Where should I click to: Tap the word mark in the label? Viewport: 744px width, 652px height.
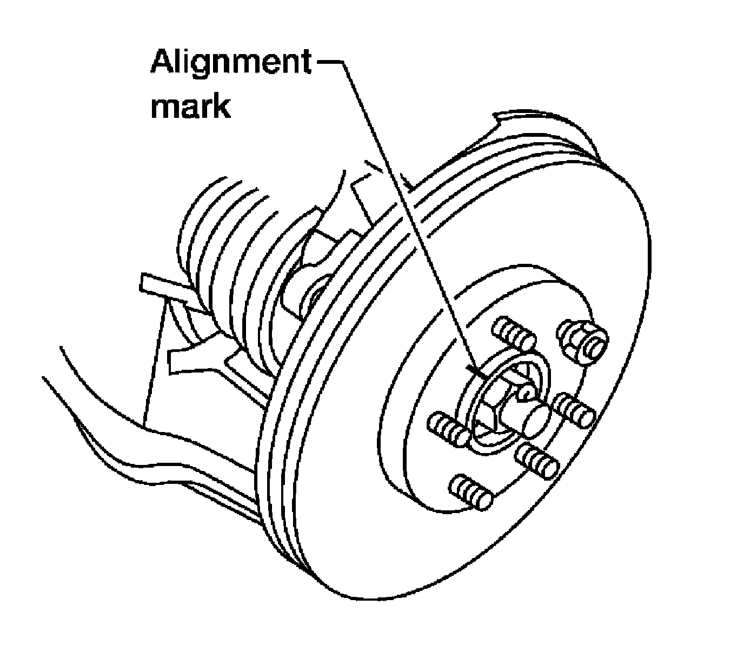pyautogui.click(x=190, y=107)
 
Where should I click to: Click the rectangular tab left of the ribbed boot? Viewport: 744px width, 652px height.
pyautogui.click(x=157, y=284)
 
